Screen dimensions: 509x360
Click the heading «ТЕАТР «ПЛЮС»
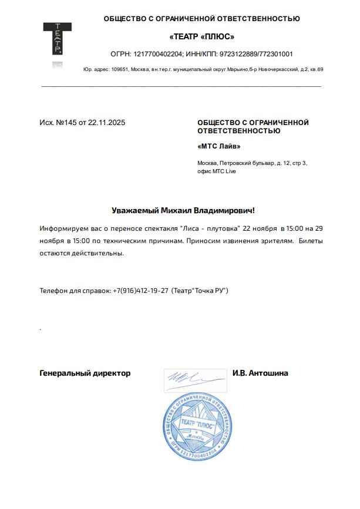[201, 36]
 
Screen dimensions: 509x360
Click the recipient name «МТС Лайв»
[219, 146]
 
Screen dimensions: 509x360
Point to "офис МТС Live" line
[217, 171]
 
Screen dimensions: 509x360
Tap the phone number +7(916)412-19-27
[140, 291]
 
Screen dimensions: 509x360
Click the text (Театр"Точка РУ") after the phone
[199, 291]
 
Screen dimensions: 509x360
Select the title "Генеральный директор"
[85, 373]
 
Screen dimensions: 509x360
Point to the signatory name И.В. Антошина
[260, 373]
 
